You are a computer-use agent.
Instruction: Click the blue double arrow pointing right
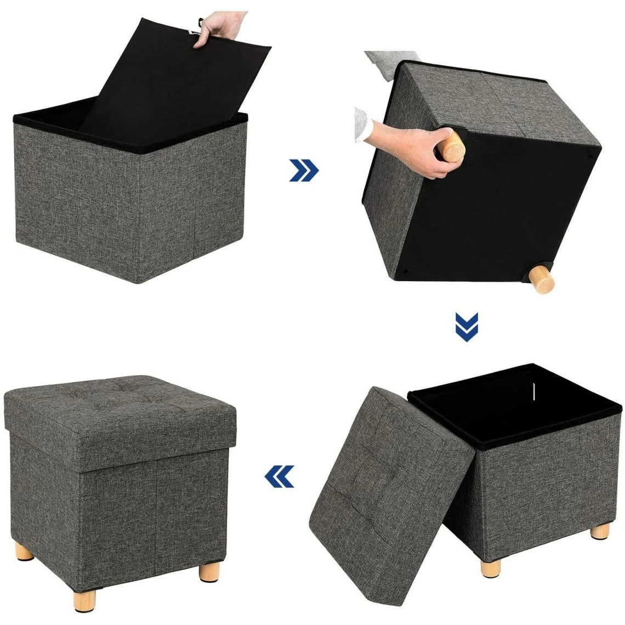[x=304, y=171]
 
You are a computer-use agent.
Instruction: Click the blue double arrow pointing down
[x=467, y=327]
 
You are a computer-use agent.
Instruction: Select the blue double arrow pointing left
[x=279, y=476]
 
